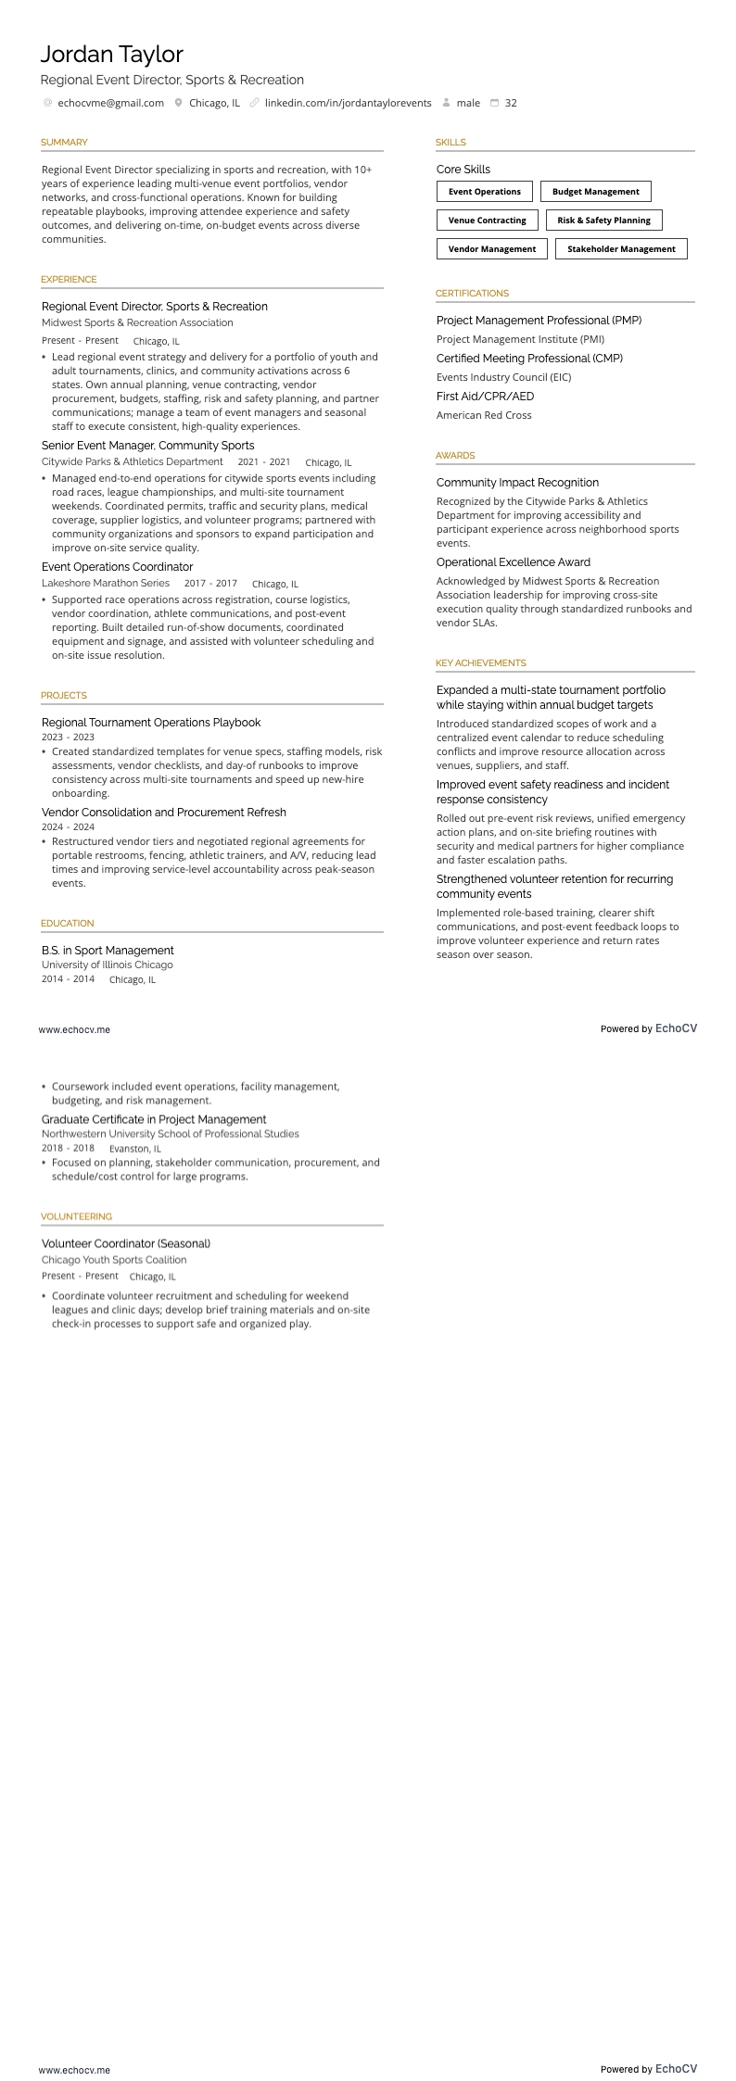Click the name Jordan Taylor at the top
pos(111,55)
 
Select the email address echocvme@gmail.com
pos(110,103)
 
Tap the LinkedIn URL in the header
pos(348,103)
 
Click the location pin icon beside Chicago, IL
pos(179,103)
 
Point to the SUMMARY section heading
pos(64,143)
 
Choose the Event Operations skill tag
pos(484,192)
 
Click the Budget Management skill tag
pos(595,192)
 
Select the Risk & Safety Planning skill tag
pos(603,221)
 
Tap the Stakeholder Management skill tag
pos(621,249)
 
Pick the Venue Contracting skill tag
pos(487,221)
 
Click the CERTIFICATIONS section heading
pos(472,294)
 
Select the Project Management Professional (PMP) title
pos(539,321)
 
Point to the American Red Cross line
pos(484,415)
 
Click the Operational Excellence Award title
pos(513,562)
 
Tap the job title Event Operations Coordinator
pos(117,567)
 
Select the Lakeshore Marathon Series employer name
pos(106,584)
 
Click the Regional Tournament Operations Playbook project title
pos(151,723)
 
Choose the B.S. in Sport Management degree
pos(108,951)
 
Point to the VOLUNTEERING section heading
pos(76,1217)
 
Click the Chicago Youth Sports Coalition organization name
pos(114,1260)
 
